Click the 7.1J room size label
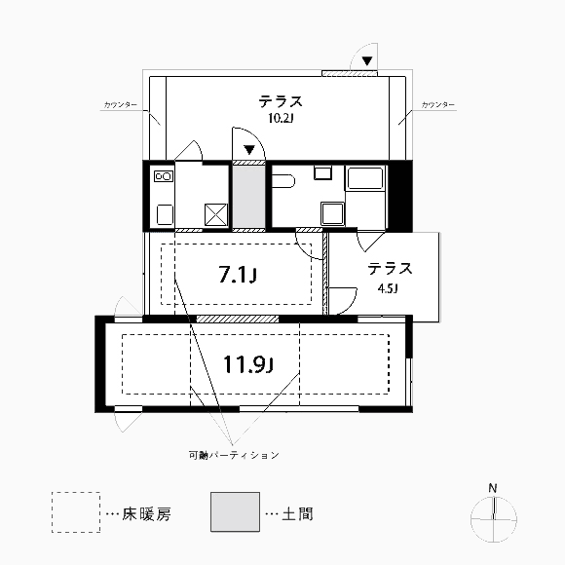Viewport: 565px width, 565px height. pyautogui.click(x=238, y=276)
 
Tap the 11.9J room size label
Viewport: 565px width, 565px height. pyautogui.click(x=248, y=364)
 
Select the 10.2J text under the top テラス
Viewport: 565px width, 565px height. pyautogui.click(x=281, y=118)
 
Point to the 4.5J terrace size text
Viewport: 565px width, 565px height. pyautogui.click(x=388, y=288)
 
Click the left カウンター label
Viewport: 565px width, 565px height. pyautogui.click(x=121, y=105)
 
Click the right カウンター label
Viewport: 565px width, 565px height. pyautogui.click(x=437, y=105)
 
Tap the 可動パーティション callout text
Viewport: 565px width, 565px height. pyautogui.click(x=234, y=455)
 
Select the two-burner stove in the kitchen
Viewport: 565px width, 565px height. pyautogui.click(x=164, y=176)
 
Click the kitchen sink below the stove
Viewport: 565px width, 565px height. pyautogui.click(x=165, y=214)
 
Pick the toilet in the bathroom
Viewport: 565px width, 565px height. pyautogui.click(x=283, y=181)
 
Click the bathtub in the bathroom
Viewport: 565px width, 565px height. pyautogui.click(x=364, y=178)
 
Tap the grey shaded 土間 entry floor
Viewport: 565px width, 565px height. pyautogui.click(x=248, y=197)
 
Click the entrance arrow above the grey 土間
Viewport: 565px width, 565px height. pyautogui.click(x=249, y=149)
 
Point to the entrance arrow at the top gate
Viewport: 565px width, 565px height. pyautogui.click(x=367, y=61)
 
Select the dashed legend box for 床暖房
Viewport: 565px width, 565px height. pyautogui.click(x=76, y=512)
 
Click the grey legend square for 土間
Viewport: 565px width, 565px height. pyautogui.click(x=236, y=512)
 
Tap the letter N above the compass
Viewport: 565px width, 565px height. pyautogui.click(x=493, y=489)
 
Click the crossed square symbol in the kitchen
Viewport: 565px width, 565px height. pyautogui.click(x=216, y=214)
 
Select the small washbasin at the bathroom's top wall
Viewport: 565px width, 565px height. pyautogui.click(x=322, y=172)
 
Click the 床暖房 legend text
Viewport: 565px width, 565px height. pyautogui.click(x=146, y=514)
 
